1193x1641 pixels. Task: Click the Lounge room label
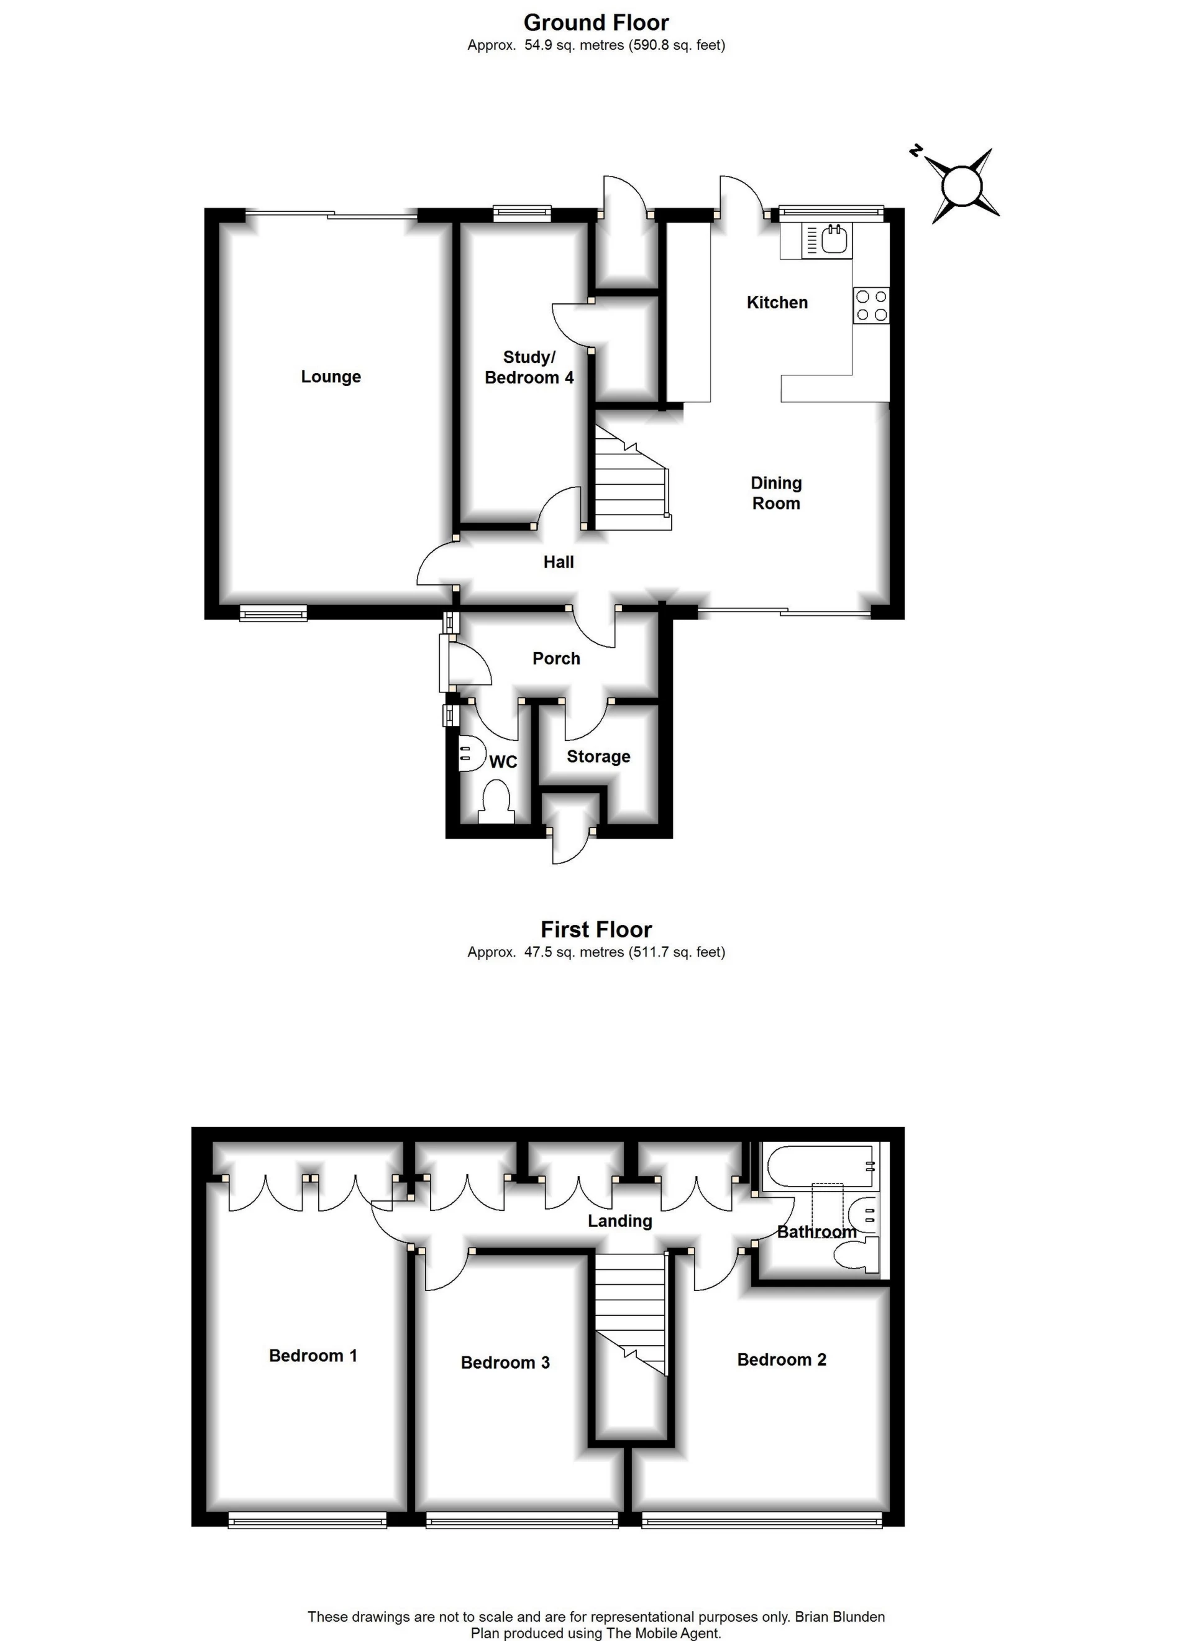(331, 376)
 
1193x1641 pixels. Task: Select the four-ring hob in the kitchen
(871, 305)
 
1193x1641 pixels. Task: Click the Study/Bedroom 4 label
(529, 367)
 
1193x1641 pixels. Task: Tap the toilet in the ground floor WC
(496, 802)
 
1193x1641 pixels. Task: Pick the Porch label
(555, 658)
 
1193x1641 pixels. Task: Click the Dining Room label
(775, 493)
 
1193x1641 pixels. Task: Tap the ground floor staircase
(629, 481)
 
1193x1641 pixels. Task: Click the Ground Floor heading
(596, 22)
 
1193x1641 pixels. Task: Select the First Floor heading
(596, 929)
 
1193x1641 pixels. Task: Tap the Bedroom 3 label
(505, 1363)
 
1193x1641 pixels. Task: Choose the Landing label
(619, 1221)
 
